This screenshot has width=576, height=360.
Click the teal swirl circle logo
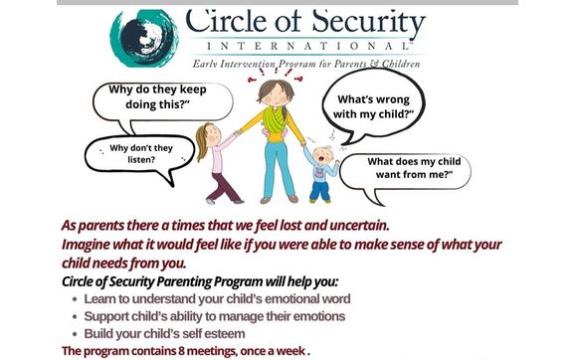tap(146, 37)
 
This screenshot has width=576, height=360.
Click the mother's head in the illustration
tap(271, 95)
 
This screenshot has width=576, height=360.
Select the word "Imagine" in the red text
tap(91, 245)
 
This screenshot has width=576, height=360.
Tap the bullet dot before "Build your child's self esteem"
tap(76, 334)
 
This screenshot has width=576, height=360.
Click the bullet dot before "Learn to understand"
tap(76, 298)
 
